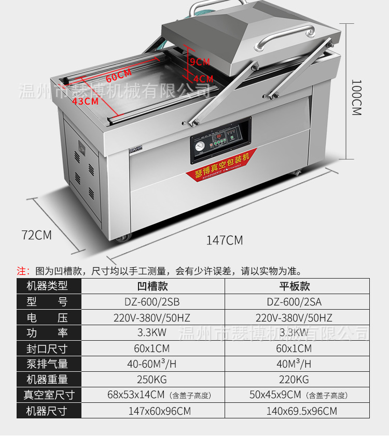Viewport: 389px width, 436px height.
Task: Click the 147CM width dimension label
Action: click(x=224, y=240)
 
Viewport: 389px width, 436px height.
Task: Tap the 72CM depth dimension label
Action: click(x=37, y=235)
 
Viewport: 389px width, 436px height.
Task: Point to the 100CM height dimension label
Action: click(x=356, y=97)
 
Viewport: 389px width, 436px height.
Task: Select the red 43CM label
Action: click(x=85, y=101)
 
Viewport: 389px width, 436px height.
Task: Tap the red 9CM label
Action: click(x=200, y=62)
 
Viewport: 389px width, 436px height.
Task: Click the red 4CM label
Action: click(x=203, y=79)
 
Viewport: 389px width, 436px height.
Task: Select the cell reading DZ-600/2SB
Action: click(x=153, y=301)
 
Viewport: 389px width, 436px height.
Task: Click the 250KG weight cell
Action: click(x=153, y=379)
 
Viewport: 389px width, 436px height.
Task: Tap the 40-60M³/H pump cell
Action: click(x=153, y=364)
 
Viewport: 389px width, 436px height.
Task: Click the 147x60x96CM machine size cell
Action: click(x=153, y=411)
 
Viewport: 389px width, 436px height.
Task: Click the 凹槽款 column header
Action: click(x=153, y=286)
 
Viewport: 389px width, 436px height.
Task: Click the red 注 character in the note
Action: click(x=21, y=271)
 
